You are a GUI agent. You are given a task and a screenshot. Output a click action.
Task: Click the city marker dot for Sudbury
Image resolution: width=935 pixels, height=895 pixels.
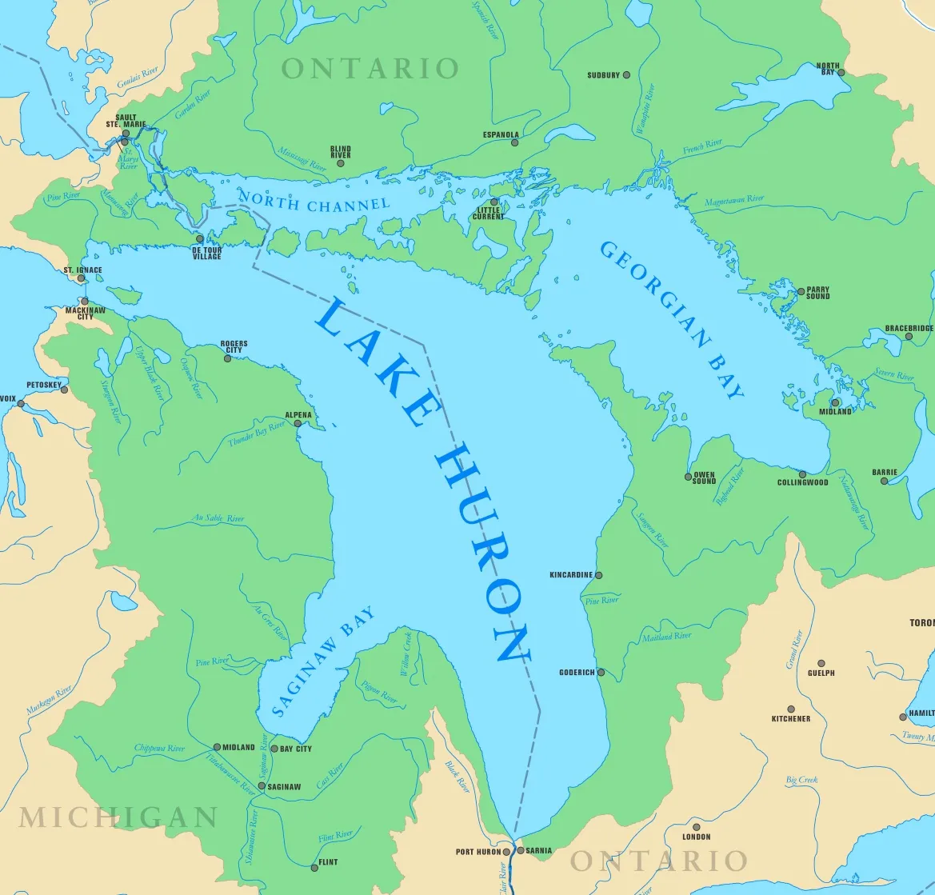pyautogui.click(x=626, y=75)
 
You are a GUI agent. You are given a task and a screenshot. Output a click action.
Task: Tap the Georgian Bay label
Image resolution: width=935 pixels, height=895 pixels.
pyautogui.click(x=672, y=320)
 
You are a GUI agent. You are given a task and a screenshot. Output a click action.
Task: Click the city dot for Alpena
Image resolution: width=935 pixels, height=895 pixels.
pyautogui.click(x=298, y=423)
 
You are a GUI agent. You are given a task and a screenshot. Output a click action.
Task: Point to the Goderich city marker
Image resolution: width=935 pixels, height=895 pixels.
pyautogui.click(x=601, y=673)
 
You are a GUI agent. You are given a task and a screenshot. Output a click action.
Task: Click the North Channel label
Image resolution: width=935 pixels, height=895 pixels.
pyautogui.click(x=314, y=202)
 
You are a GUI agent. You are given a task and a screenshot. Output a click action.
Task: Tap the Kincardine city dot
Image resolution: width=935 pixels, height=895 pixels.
pyautogui.click(x=598, y=575)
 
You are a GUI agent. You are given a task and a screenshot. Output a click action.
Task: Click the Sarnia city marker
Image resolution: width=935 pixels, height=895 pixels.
pyautogui.click(x=521, y=850)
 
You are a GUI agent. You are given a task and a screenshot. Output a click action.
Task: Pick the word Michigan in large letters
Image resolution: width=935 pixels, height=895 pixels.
pyautogui.click(x=118, y=817)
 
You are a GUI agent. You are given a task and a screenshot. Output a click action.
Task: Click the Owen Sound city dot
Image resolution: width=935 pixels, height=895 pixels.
pyautogui.click(x=688, y=477)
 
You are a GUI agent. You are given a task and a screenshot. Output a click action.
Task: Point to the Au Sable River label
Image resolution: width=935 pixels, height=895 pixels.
pyautogui.click(x=218, y=519)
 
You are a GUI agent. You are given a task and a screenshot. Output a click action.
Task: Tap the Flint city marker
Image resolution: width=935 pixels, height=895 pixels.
pyautogui.click(x=314, y=867)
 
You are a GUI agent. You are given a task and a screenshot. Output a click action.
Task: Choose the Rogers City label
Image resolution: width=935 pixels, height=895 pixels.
pyautogui.click(x=234, y=347)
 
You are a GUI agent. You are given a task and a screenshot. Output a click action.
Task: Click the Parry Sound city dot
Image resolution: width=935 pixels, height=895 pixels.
pyautogui.click(x=801, y=292)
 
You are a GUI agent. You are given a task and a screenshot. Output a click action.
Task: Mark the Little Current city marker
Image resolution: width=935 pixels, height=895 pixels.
pyautogui.click(x=494, y=202)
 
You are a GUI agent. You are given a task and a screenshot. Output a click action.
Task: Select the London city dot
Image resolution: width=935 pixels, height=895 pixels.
pyautogui.click(x=696, y=828)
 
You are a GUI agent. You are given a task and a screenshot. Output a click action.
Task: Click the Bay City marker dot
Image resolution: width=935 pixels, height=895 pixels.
pyautogui.click(x=274, y=749)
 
